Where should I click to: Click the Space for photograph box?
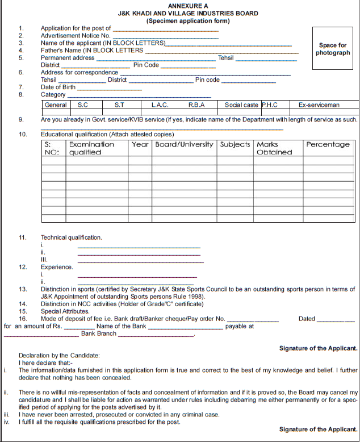[333, 49]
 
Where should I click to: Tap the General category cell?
[56, 105]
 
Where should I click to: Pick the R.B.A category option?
[196, 105]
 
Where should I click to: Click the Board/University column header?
[185, 144]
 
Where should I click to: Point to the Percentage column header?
[328, 144]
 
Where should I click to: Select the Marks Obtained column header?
[274, 148]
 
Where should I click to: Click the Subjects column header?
[235, 144]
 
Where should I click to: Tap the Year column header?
[140, 144]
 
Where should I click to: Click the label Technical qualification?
[72, 237]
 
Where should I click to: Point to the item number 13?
[23, 289]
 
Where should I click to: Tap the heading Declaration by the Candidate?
[59, 355]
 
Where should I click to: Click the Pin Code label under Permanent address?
[146, 65]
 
